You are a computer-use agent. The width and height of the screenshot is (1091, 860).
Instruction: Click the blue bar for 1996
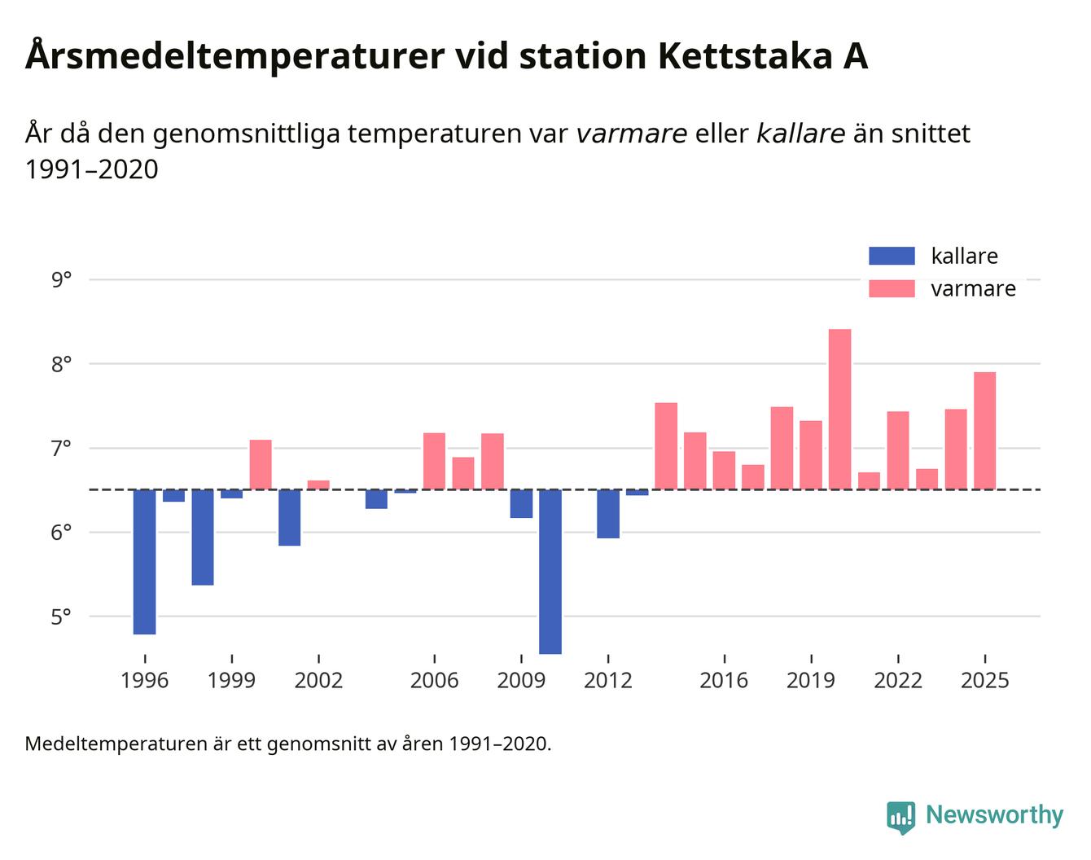point(144,561)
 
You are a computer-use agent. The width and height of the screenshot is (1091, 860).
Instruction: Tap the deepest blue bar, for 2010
point(550,571)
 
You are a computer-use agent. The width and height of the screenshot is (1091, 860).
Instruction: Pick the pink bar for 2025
point(984,431)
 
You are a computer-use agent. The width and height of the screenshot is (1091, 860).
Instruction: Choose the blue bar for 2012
point(608,514)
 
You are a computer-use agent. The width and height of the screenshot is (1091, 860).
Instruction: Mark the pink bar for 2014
point(666,446)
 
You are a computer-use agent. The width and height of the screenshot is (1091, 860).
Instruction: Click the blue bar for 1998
point(203,537)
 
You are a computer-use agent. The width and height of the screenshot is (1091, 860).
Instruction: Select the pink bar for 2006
point(434,461)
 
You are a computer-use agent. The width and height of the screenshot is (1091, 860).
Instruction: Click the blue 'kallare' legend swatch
point(892,256)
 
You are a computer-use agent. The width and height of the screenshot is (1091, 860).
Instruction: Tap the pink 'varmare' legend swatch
point(892,288)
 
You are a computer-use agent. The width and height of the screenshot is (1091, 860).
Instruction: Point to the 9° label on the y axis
point(61,280)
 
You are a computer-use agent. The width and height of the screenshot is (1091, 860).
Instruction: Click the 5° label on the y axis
point(61,616)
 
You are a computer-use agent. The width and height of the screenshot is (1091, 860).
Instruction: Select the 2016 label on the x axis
point(723,680)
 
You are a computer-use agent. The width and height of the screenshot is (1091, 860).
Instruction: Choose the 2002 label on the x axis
point(318,680)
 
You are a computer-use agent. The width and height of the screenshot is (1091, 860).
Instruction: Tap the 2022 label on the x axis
point(897,680)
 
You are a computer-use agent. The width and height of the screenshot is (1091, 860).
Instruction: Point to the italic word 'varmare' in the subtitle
point(631,134)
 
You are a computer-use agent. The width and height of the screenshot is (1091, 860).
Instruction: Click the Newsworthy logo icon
point(900,817)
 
